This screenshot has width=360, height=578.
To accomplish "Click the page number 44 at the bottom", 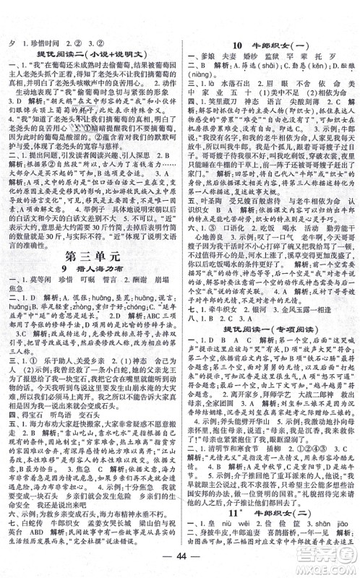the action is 179,566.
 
